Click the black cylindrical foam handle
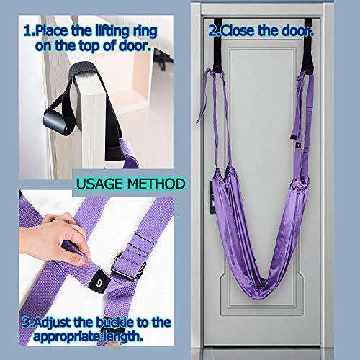[x=59, y=121]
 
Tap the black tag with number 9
[x=99, y=281]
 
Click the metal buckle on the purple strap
[x=128, y=266]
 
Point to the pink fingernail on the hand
[x=84, y=262]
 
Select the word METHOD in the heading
[x=156, y=184]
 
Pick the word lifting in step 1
[x=112, y=32]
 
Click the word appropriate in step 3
[x=67, y=337]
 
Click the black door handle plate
[x=212, y=197]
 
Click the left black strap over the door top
[x=217, y=45]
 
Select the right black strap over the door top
[x=307, y=45]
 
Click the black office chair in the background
[x=163, y=59]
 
